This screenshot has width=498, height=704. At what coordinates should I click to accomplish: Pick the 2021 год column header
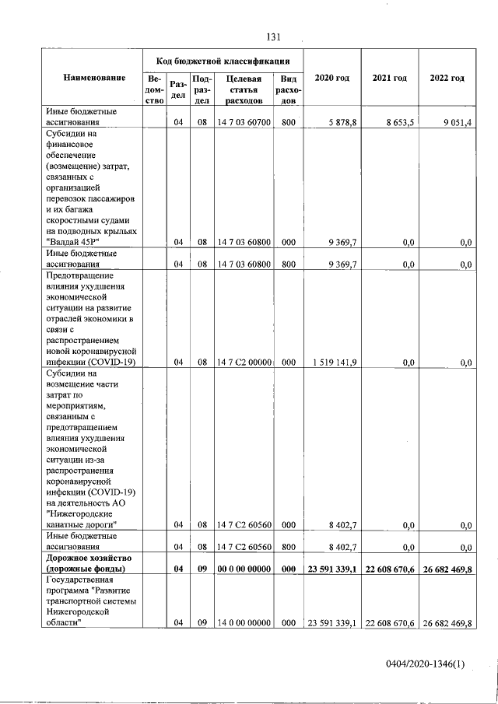[x=390, y=79]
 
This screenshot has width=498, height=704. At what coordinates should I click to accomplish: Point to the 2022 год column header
[x=447, y=79]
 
